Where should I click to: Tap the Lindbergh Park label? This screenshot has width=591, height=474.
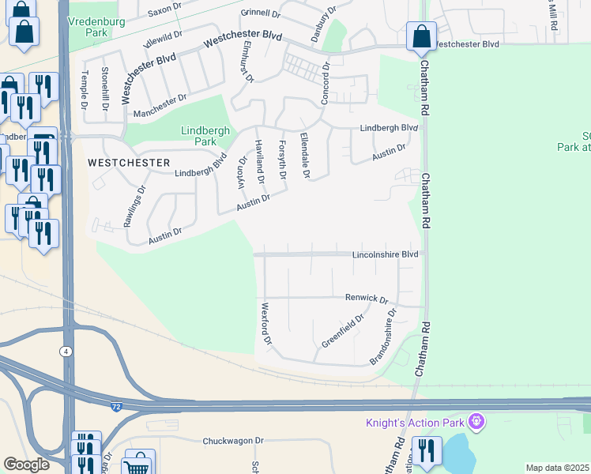click(x=198, y=136)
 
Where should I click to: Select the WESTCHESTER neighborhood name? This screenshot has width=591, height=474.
click(x=128, y=162)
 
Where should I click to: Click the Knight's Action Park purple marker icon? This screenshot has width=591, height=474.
click(x=476, y=422)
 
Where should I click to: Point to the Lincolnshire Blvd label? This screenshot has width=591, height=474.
click(x=384, y=254)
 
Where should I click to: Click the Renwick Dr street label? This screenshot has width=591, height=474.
click(x=367, y=299)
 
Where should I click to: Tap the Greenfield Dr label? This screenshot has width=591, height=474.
click(x=342, y=332)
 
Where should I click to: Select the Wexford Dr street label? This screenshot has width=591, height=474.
click(x=266, y=325)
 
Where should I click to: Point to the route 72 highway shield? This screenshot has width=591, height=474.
click(x=115, y=406)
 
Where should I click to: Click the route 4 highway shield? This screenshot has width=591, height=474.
click(x=66, y=350)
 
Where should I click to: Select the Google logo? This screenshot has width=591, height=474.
click(x=25, y=464)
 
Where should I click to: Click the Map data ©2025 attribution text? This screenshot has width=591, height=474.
click(x=557, y=468)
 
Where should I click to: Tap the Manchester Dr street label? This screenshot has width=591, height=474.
click(x=160, y=101)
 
